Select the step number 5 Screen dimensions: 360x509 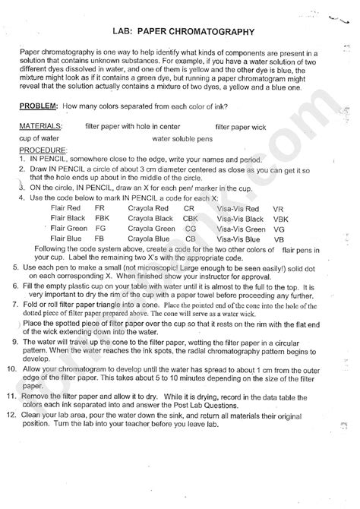[x=16, y=269]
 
